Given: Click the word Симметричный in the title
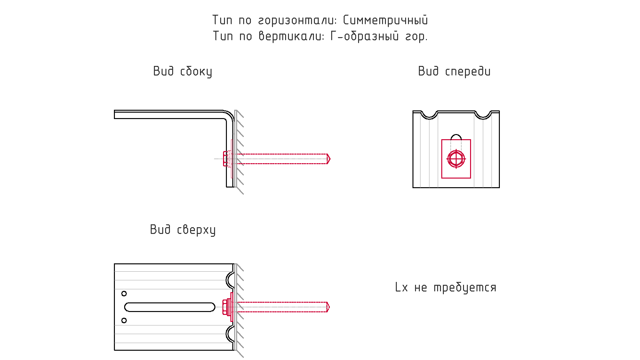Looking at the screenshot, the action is tap(385, 20).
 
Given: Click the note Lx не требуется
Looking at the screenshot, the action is tap(446, 287).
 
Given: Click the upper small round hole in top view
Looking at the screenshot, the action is tap(124, 293).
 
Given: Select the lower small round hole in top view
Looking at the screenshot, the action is tap(124, 320).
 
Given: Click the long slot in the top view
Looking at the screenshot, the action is tap(170, 307).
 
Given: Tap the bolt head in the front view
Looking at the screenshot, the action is tap(456, 159).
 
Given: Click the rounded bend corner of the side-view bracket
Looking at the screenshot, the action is tap(229, 115).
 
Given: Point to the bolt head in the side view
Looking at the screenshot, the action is tap(225, 159).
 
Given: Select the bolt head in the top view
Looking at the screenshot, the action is tap(225, 307).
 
